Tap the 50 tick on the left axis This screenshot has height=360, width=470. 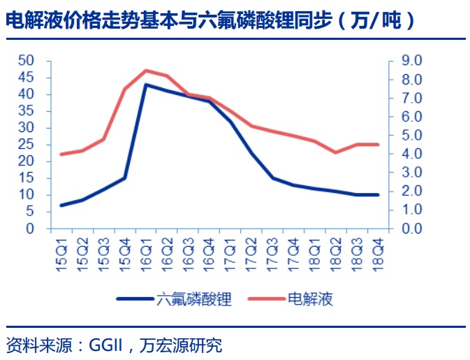26,61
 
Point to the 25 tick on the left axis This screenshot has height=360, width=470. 26,145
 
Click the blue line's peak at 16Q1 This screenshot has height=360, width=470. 146,85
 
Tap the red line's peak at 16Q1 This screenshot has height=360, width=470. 146,70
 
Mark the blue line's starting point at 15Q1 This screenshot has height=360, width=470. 61,205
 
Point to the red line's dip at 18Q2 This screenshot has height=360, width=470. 336,152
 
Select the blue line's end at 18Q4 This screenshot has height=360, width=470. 378,195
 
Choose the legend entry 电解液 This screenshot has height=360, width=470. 310,299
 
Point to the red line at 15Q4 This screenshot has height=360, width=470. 125,89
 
